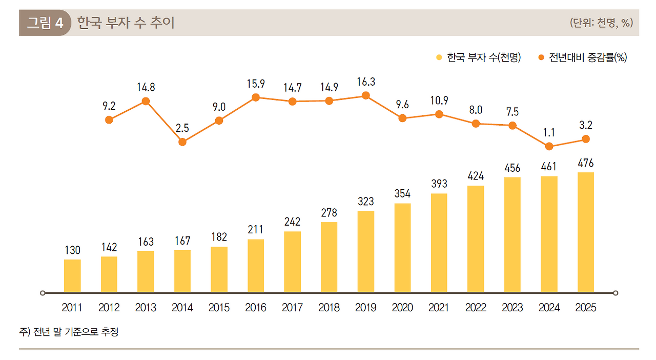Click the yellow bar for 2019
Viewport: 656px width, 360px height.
[x=365, y=251]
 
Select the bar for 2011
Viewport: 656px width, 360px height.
[x=72, y=276]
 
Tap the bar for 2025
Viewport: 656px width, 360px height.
[x=586, y=232]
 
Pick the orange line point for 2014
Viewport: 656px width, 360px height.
[x=182, y=142]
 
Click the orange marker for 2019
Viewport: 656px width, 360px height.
[x=365, y=95]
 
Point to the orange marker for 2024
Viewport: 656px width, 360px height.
[x=549, y=146]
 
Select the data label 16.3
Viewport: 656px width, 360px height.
[x=365, y=82]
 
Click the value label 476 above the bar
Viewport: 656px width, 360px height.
[x=585, y=164]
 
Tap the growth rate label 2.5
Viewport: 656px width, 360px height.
[x=182, y=129]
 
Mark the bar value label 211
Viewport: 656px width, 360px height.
[x=255, y=230]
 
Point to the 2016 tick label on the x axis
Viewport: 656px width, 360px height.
[x=255, y=308]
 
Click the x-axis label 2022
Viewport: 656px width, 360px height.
[x=476, y=308]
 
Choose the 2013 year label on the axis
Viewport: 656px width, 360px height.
[x=146, y=308]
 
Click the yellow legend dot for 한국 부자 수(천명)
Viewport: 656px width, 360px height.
[x=439, y=57]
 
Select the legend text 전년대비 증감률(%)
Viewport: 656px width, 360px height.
[x=588, y=57]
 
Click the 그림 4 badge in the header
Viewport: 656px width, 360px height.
[x=45, y=23]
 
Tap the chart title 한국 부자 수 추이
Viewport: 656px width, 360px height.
[x=126, y=23]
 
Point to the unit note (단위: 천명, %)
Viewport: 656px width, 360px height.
[x=601, y=23]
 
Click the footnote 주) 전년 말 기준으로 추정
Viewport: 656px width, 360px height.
[x=69, y=332]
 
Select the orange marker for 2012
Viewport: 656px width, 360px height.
[x=109, y=119]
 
